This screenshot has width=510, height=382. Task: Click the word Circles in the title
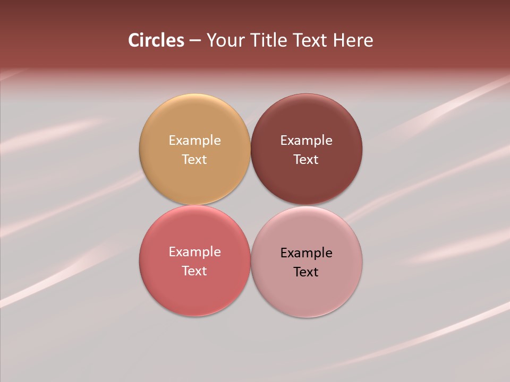click(x=156, y=40)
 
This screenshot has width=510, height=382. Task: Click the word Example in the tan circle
click(x=194, y=141)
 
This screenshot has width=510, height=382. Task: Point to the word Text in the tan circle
click(x=194, y=159)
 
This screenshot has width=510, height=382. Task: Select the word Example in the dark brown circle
click(x=307, y=141)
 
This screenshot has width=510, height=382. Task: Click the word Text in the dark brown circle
click(x=307, y=159)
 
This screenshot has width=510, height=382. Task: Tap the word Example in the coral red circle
click(x=194, y=252)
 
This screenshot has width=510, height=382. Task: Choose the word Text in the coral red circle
click(x=194, y=271)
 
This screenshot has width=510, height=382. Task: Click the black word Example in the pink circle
click(x=307, y=253)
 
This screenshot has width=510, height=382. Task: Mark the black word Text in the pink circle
click(x=307, y=272)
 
